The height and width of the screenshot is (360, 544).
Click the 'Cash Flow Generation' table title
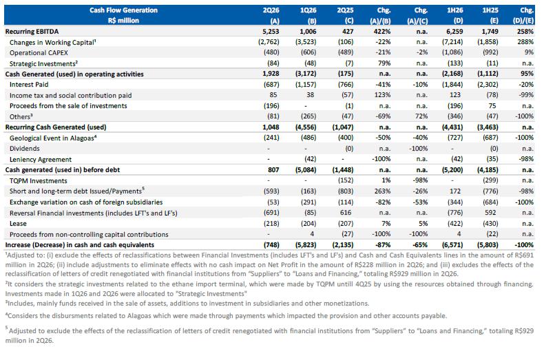pyautogui.click(x=123, y=10)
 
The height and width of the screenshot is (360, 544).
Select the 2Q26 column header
pyautogui.click(x=271, y=10)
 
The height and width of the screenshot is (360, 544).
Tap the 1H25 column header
pyautogui.click(x=490, y=10)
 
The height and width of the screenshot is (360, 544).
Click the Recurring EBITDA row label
pyautogui.click(x=32, y=32)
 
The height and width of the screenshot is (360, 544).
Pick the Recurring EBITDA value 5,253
pyautogui.click(x=271, y=32)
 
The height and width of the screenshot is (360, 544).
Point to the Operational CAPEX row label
pyautogui.click(x=39, y=53)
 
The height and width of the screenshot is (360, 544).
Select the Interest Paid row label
pyautogui.click(x=29, y=85)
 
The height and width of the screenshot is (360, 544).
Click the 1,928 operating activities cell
pyautogui.click(x=271, y=74)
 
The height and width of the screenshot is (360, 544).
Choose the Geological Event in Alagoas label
pyautogui.click(x=53, y=138)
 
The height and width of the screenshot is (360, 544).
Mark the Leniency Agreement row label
pyautogui.click(x=41, y=160)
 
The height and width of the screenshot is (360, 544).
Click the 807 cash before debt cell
pyautogui.click(x=273, y=170)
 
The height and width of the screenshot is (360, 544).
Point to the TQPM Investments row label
pyautogui.click(x=39, y=181)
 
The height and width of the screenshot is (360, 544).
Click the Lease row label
pyautogui.click(x=18, y=223)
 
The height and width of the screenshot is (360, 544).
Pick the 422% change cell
pyautogui.click(x=382, y=32)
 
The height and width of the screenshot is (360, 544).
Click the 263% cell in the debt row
pyautogui.click(x=382, y=191)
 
